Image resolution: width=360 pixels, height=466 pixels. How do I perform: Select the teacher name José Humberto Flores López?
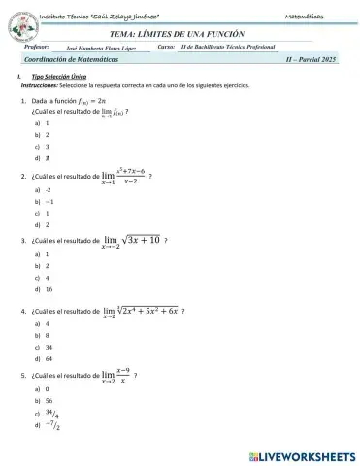pos(103,47)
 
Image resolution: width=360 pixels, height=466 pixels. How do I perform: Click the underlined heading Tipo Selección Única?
pos(54,77)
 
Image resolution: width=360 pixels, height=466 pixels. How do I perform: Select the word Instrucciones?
pos(40,86)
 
